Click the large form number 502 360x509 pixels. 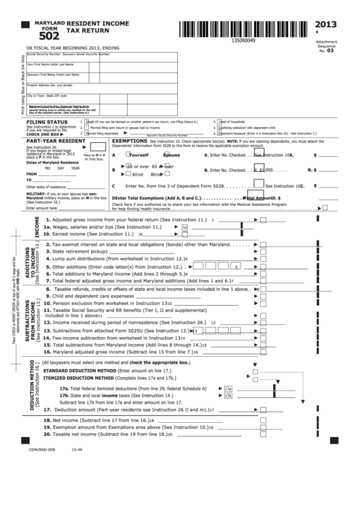[48, 37]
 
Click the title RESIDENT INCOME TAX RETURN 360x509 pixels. [91, 27]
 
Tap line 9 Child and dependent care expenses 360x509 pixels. [92, 296]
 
